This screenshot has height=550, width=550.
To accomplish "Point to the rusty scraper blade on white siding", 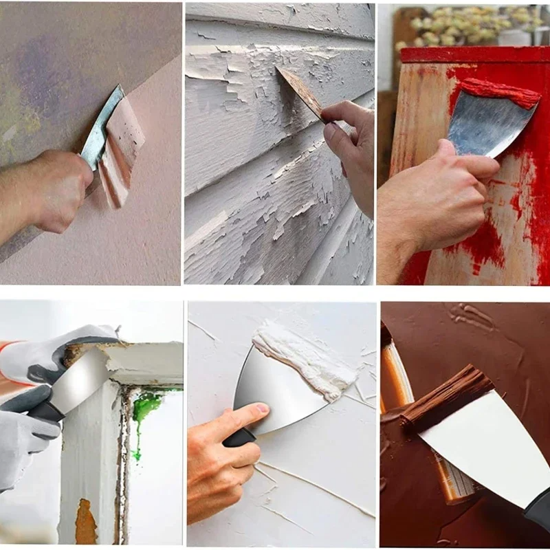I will (300, 91).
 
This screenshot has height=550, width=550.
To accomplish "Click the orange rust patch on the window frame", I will (85, 522).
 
